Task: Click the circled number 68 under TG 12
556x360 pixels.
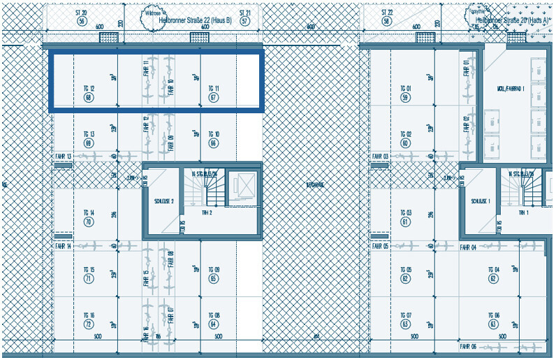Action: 89,98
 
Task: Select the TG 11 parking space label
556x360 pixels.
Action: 214,89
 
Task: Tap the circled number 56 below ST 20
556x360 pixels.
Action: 82,22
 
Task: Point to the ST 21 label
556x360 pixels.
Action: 244,13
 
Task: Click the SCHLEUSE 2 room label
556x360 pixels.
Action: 163,201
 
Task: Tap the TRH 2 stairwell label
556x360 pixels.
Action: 206,212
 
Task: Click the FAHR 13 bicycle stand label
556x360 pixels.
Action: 64,156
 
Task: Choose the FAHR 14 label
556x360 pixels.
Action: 64,247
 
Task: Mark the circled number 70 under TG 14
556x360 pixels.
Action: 89,222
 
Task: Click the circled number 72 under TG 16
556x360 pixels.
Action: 89,324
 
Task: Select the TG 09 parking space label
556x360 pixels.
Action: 214,270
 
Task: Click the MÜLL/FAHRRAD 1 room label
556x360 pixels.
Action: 511,89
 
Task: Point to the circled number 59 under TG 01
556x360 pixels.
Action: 405,98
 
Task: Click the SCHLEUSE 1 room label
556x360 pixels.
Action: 479,201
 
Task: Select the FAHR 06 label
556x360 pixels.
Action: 468,347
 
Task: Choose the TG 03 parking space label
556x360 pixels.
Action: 405,213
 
